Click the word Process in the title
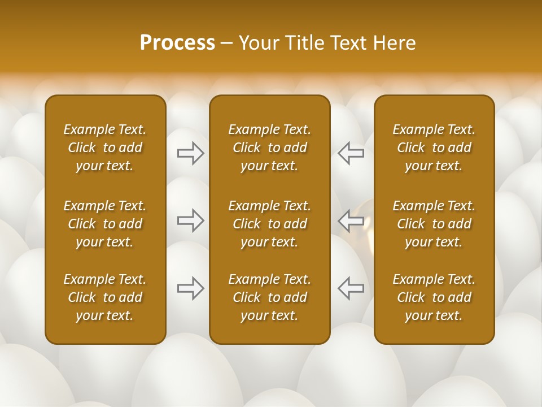click(x=177, y=43)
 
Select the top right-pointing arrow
click(x=190, y=153)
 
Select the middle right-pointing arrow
click(x=190, y=220)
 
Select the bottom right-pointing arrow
click(x=190, y=288)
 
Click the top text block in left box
click(x=105, y=148)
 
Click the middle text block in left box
click(x=105, y=224)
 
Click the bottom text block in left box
click(x=105, y=297)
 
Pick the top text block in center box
click(x=270, y=148)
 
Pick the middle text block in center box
click(x=270, y=224)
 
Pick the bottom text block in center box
click(x=270, y=297)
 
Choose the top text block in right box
click(x=434, y=148)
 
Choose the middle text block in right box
click(x=434, y=224)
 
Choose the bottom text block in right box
click(x=434, y=297)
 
